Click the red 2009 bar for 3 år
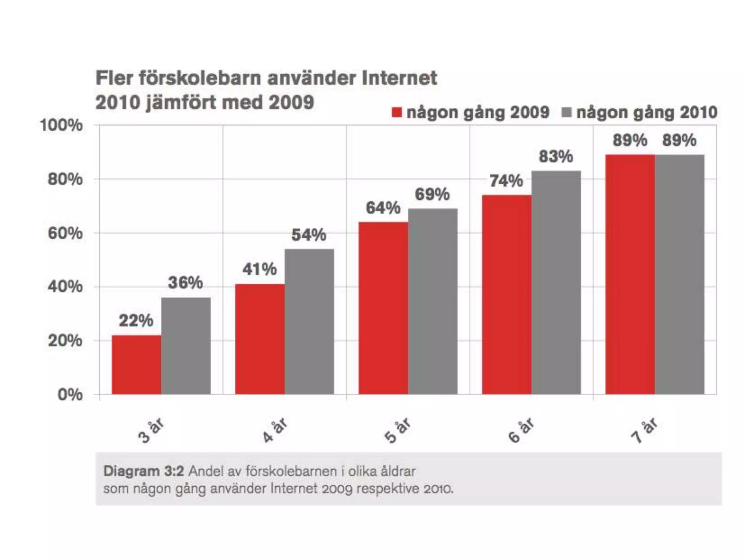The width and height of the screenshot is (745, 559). click(x=136, y=365)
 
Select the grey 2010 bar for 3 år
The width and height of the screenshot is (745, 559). click(x=186, y=346)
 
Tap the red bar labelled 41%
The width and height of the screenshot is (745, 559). click(x=260, y=339)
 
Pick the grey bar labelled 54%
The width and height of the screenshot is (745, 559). click(x=309, y=321)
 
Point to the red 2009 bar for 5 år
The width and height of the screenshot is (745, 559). click(x=383, y=308)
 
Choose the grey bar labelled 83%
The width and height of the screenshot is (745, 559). click(x=556, y=282)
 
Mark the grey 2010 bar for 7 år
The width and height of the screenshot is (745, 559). click(x=680, y=274)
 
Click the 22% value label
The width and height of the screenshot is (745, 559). click(x=136, y=321)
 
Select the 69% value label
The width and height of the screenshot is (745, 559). click(x=432, y=194)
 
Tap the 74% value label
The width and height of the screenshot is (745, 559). click(x=506, y=181)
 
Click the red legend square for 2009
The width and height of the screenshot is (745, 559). click(x=397, y=112)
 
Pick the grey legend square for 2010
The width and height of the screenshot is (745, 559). click(x=567, y=112)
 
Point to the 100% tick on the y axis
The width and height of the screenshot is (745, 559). click(x=61, y=126)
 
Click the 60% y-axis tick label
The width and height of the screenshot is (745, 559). click(x=65, y=233)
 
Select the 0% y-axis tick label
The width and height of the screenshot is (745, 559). click(x=70, y=395)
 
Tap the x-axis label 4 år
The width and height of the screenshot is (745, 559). click(x=275, y=430)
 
